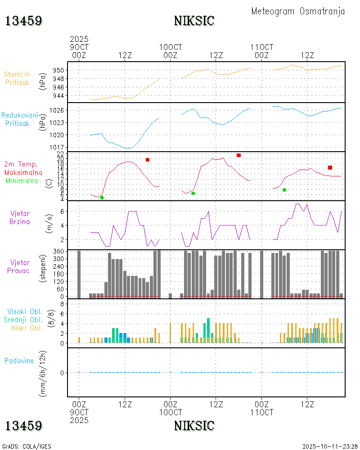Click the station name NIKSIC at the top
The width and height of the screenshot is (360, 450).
[194, 21]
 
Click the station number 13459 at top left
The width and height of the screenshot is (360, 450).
[24, 21]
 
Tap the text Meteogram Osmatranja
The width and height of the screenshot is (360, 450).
[298, 11]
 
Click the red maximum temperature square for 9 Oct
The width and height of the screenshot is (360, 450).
[148, 160]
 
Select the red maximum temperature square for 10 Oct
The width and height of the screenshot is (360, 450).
[238, 155]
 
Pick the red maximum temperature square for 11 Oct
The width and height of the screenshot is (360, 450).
[330, 167]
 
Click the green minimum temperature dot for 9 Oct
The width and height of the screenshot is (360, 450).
[102, 198]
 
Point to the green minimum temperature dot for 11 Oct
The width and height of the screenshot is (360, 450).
[284, 190]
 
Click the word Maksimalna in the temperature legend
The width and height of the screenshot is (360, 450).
[23, 172]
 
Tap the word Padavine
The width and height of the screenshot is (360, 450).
[19, 360]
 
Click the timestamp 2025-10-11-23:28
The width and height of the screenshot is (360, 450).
[330, 446]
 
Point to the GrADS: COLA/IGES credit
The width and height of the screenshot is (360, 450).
[27, 446]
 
